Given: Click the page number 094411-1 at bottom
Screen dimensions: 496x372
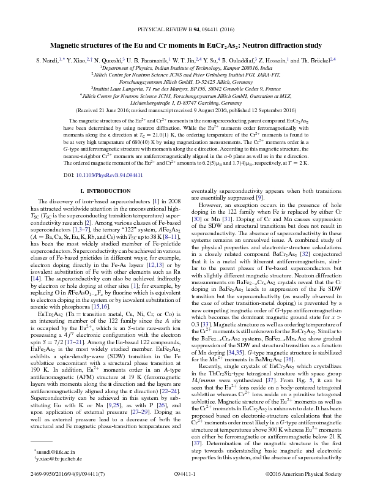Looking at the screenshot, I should click(185, 490).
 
